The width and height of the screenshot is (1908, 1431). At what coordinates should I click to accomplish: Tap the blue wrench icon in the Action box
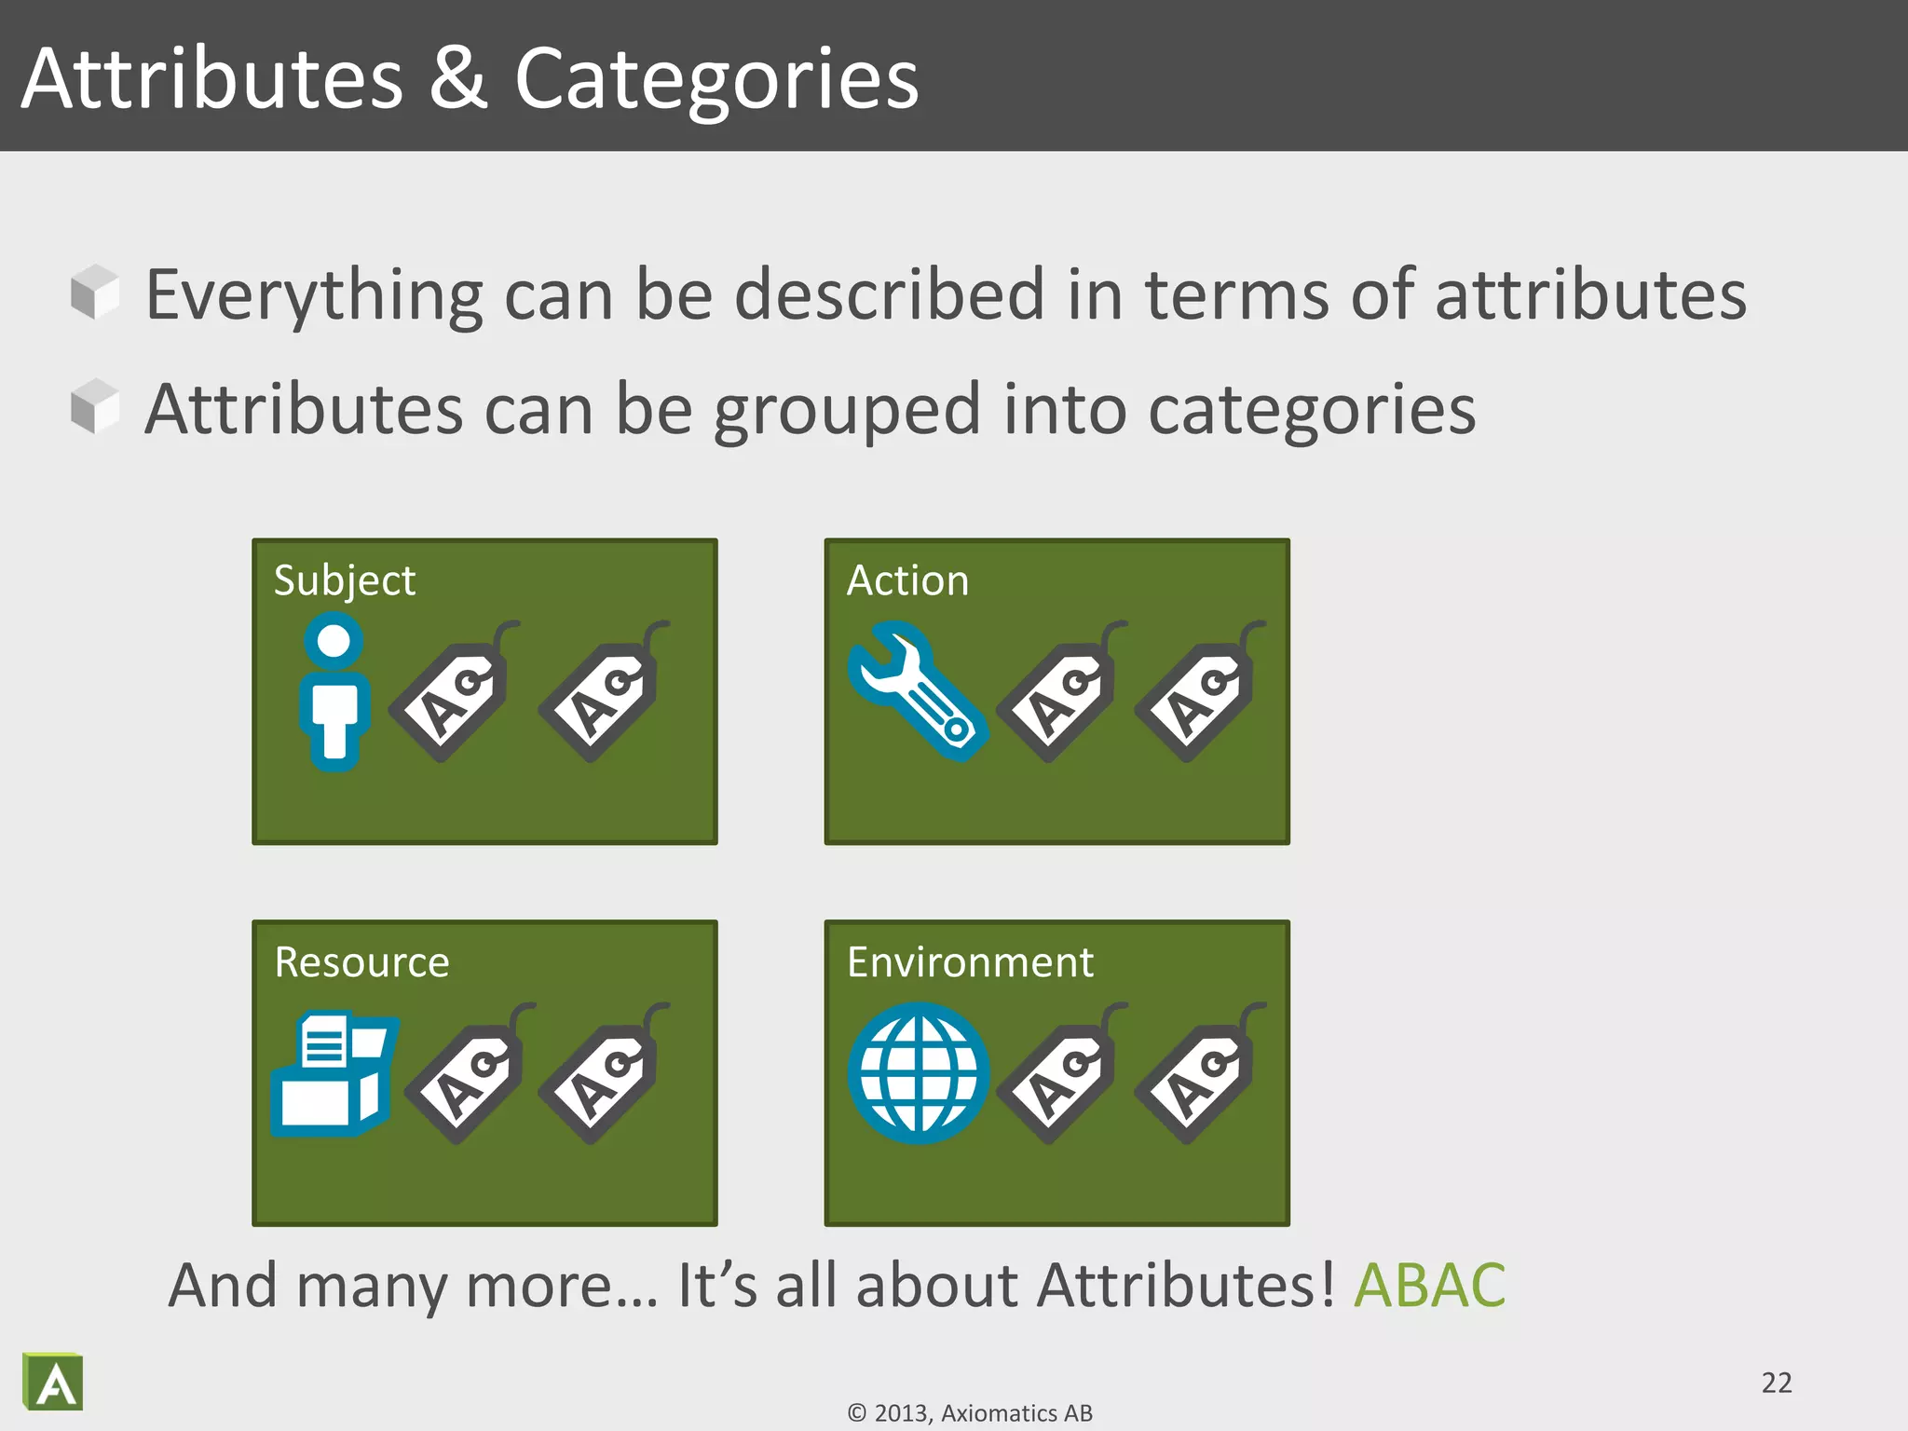[917, 690]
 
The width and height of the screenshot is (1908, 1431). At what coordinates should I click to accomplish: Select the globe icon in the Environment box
[919, 1073]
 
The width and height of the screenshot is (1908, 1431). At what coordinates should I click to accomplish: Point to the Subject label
[344, 580]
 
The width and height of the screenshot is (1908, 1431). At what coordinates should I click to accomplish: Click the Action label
[907, 580]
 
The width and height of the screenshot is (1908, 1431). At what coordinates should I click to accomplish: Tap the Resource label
[361, 962]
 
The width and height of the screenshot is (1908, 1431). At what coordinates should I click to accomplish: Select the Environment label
[970, 962]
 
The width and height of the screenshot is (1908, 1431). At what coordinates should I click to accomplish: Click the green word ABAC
[1429, 1286]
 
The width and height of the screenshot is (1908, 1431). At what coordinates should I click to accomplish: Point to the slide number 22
[1777, 1383]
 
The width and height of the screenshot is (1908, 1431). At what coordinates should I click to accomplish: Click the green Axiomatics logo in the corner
[53, 1382]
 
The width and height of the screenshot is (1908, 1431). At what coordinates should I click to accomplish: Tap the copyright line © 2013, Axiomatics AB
[970, 1413]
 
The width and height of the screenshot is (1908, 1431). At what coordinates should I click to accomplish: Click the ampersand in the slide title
[458, 78]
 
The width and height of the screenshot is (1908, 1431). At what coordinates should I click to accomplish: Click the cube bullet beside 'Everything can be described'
[95, 292]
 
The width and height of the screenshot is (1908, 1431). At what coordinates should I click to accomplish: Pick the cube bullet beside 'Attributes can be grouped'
[95, 406]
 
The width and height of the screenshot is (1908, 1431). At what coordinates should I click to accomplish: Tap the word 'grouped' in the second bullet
[847, 411]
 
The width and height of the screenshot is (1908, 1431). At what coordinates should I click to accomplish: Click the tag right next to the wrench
[1059, 694]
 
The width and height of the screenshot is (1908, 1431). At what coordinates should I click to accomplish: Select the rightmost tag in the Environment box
[1196, 1076]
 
